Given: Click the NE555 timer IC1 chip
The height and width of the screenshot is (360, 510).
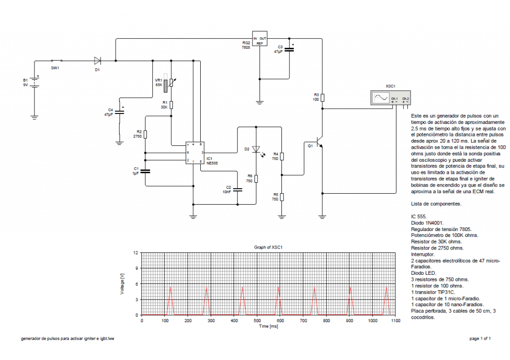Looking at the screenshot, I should [x=193, y=152].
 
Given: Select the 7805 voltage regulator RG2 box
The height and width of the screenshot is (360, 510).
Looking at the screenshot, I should [x=259, y=40].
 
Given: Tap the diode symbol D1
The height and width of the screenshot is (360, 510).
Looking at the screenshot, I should [x=98, y=61].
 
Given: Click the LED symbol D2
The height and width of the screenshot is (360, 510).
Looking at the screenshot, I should [x=256, y=149].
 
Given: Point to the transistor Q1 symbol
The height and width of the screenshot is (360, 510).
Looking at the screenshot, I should [x=320, y=144].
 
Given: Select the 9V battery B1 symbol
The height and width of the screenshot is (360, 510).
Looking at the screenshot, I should [x=34, y=82].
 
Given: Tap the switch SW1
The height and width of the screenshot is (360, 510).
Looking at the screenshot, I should [x=55, y=61].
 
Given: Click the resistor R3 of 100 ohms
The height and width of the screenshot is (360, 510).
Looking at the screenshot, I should [x=322, y=98].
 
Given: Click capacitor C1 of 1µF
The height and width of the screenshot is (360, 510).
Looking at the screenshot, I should [x=145, y=172].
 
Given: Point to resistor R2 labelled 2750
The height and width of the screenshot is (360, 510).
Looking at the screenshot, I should [x=145, y=134].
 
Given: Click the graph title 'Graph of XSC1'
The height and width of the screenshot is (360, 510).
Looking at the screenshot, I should [x=268, y=247].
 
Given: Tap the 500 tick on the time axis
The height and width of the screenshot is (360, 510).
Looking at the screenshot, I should [x=257, y=321].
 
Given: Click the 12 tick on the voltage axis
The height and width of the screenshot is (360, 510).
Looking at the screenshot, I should [x=136, y=253].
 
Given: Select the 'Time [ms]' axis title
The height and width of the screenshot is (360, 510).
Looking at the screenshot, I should [x=268, y=326].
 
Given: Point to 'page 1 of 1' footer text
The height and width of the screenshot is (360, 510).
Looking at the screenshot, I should [x=480, y=339].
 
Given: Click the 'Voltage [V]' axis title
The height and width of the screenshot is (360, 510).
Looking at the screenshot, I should [x=123, y=284].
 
